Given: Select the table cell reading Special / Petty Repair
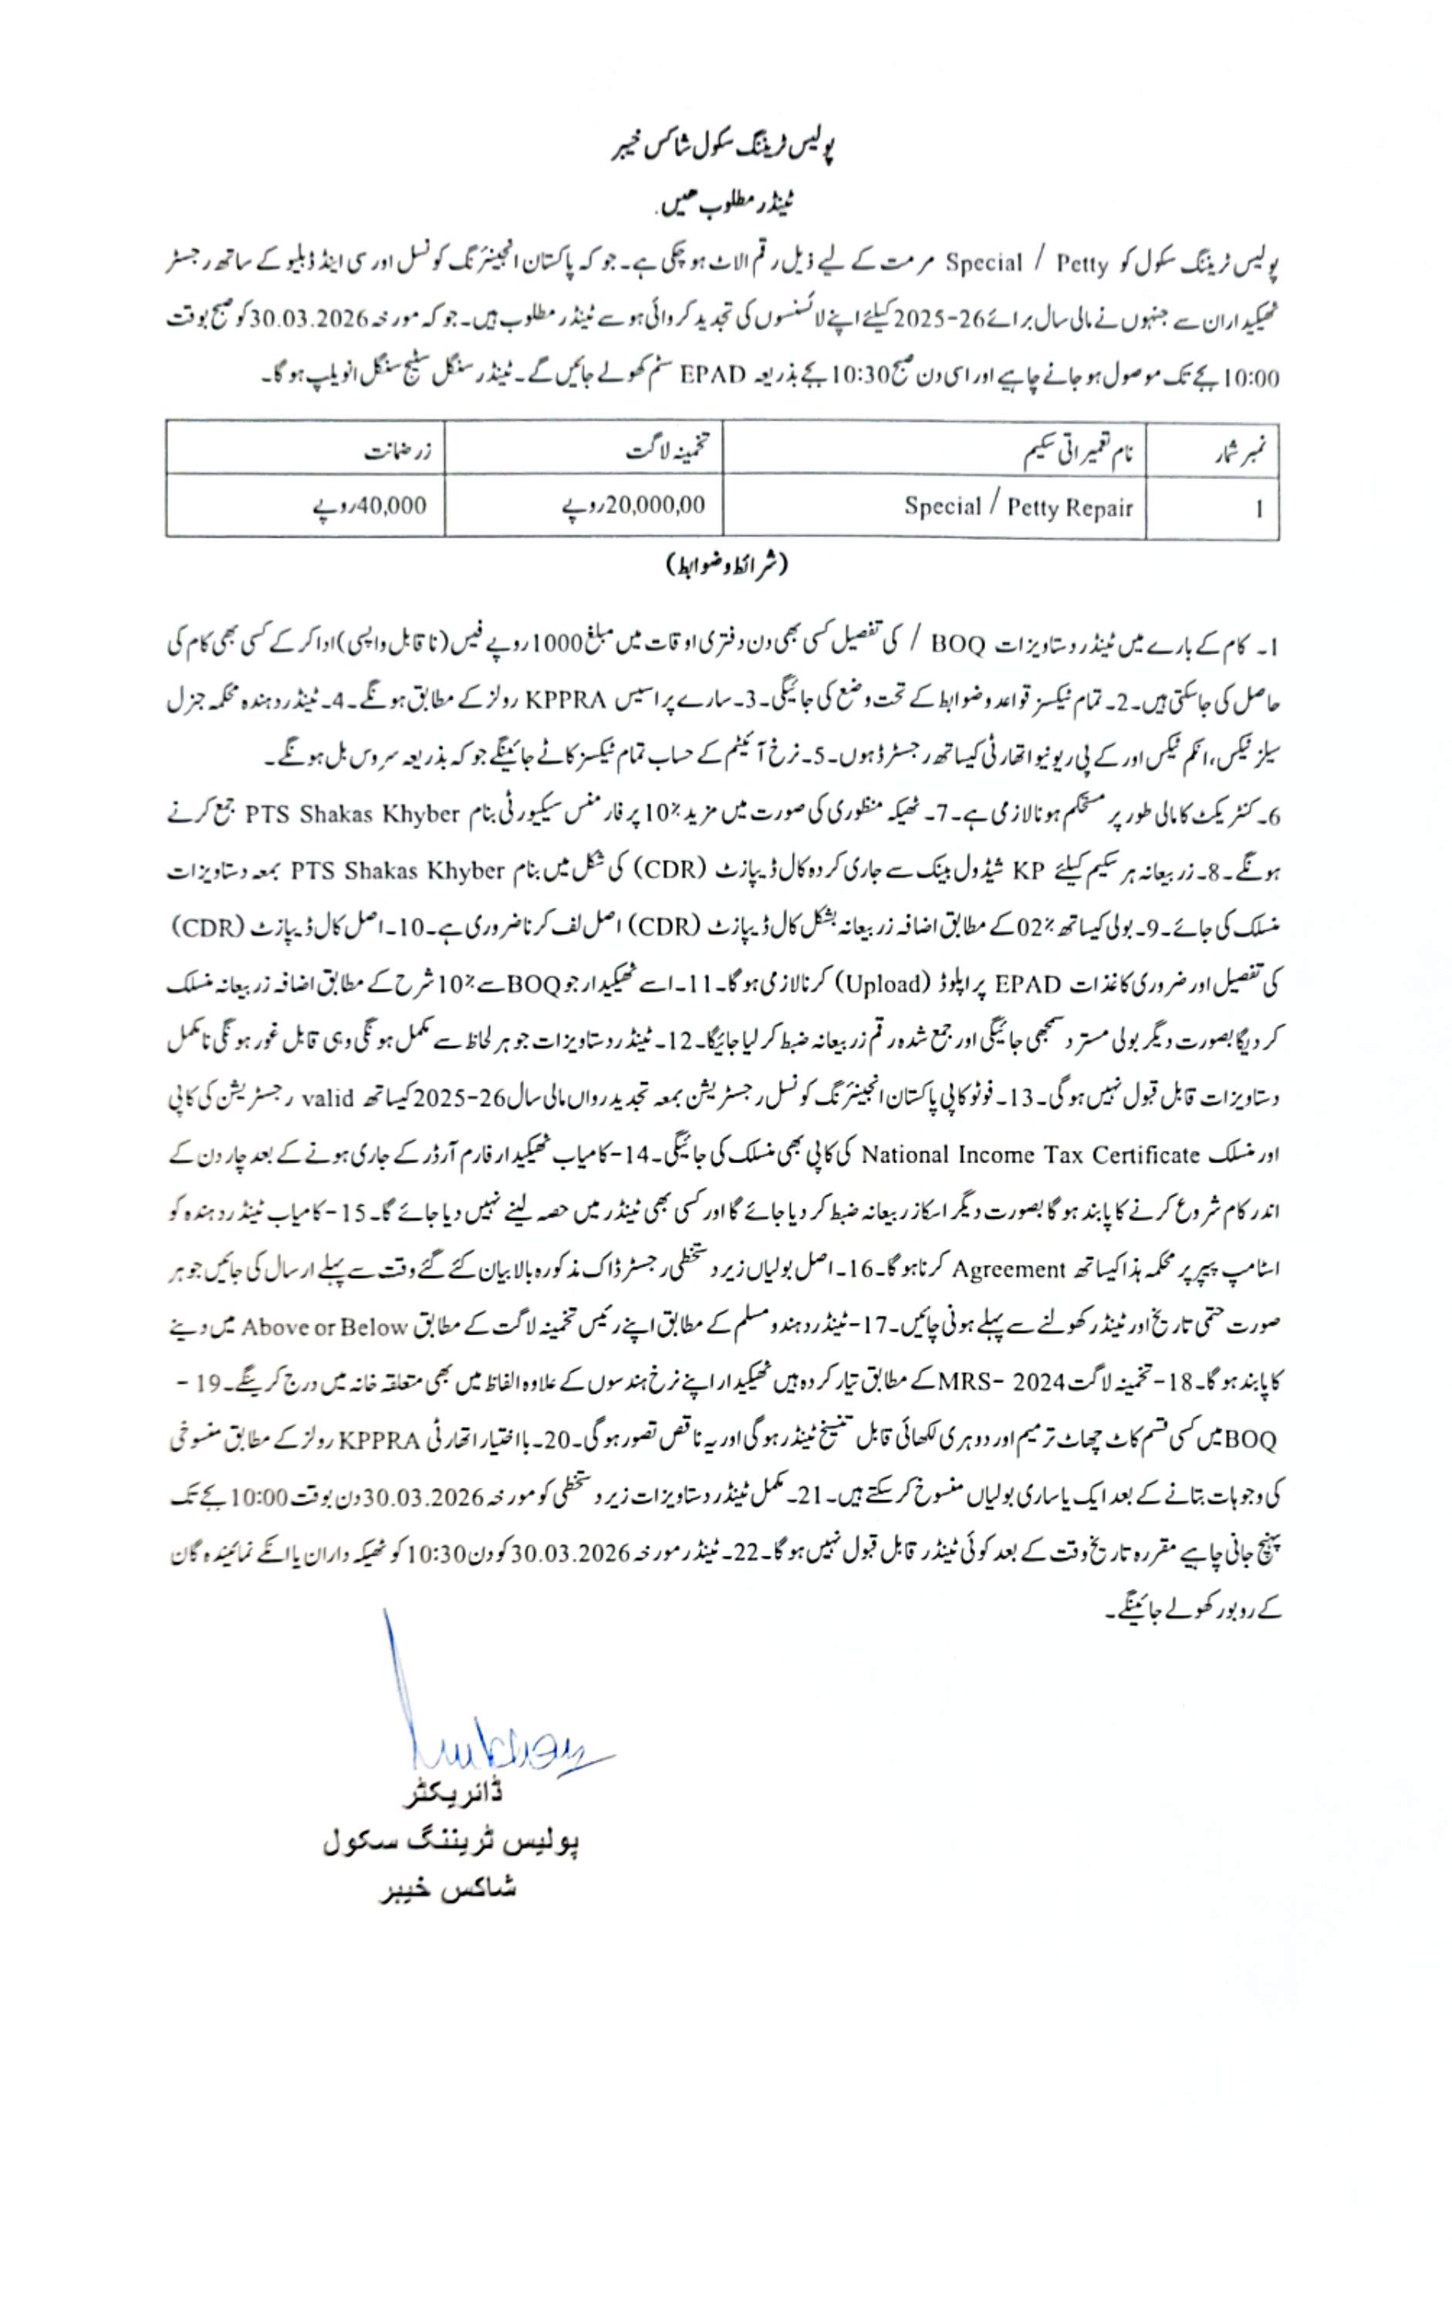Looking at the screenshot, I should click(x=1018, y=507).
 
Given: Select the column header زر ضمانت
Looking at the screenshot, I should click(x=397, y=451).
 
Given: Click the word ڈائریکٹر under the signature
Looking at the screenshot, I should click(x=452, y=1793).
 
